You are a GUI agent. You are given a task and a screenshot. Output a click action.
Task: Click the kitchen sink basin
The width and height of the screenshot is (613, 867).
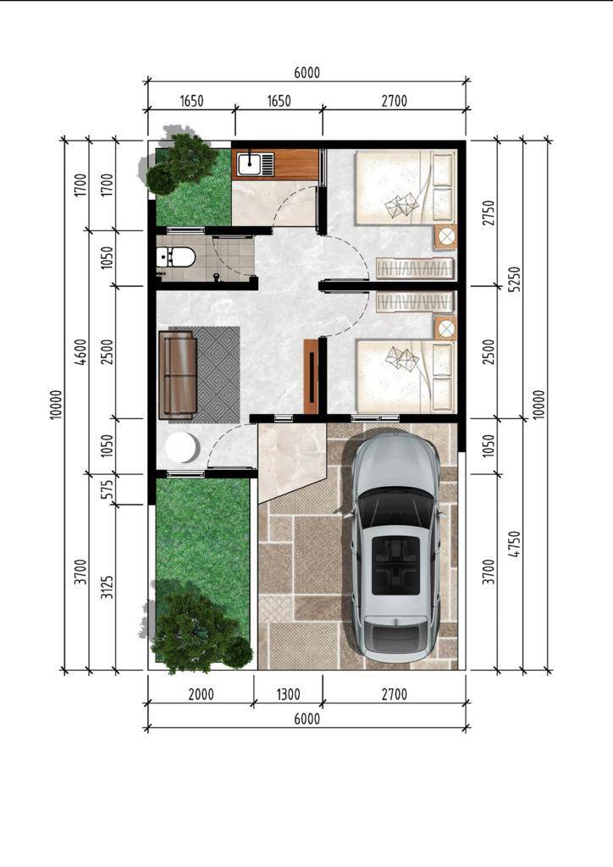[x=250, y=163]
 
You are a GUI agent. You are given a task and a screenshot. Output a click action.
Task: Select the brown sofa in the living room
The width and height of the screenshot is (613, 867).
[x=178, y=375]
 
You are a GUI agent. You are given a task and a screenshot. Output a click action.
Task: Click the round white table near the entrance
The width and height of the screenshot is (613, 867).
[x=182, y=447]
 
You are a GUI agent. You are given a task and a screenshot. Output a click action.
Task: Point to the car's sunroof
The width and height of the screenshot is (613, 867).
[x=395, y=565]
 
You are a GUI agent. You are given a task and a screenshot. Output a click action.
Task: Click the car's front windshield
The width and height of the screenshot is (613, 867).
[x=394, y=508]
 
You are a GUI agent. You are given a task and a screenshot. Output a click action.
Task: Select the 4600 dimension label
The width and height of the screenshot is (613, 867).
[x=80, y=351]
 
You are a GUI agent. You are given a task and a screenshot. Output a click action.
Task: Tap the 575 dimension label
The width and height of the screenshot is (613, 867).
[x=108, y=489]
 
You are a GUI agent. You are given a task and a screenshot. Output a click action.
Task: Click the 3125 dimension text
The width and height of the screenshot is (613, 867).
[x=108, y=587]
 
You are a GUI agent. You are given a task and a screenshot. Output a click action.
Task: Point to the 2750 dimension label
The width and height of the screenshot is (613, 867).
[x=489, y=213]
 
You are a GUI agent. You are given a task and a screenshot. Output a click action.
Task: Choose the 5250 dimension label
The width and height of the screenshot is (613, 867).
[x=514, y=279]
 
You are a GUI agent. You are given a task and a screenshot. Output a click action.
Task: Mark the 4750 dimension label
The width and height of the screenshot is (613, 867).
[x=514, y=544]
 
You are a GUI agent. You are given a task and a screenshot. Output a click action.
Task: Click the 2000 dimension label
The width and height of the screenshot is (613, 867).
[x=201, y=694]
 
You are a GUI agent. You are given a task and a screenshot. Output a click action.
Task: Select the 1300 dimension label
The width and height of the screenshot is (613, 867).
[x=288, y=694]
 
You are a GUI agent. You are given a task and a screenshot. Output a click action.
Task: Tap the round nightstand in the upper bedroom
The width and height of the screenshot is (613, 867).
[x=445, y=237]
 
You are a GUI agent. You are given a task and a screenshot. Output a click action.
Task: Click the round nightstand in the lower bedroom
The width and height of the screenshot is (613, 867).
[x=445, y=329]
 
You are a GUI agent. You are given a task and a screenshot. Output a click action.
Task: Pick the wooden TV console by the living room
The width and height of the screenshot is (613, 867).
[x=312, y=376]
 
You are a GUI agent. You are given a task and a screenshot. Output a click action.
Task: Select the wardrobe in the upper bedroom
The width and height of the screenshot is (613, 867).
[x=415, y=268]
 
